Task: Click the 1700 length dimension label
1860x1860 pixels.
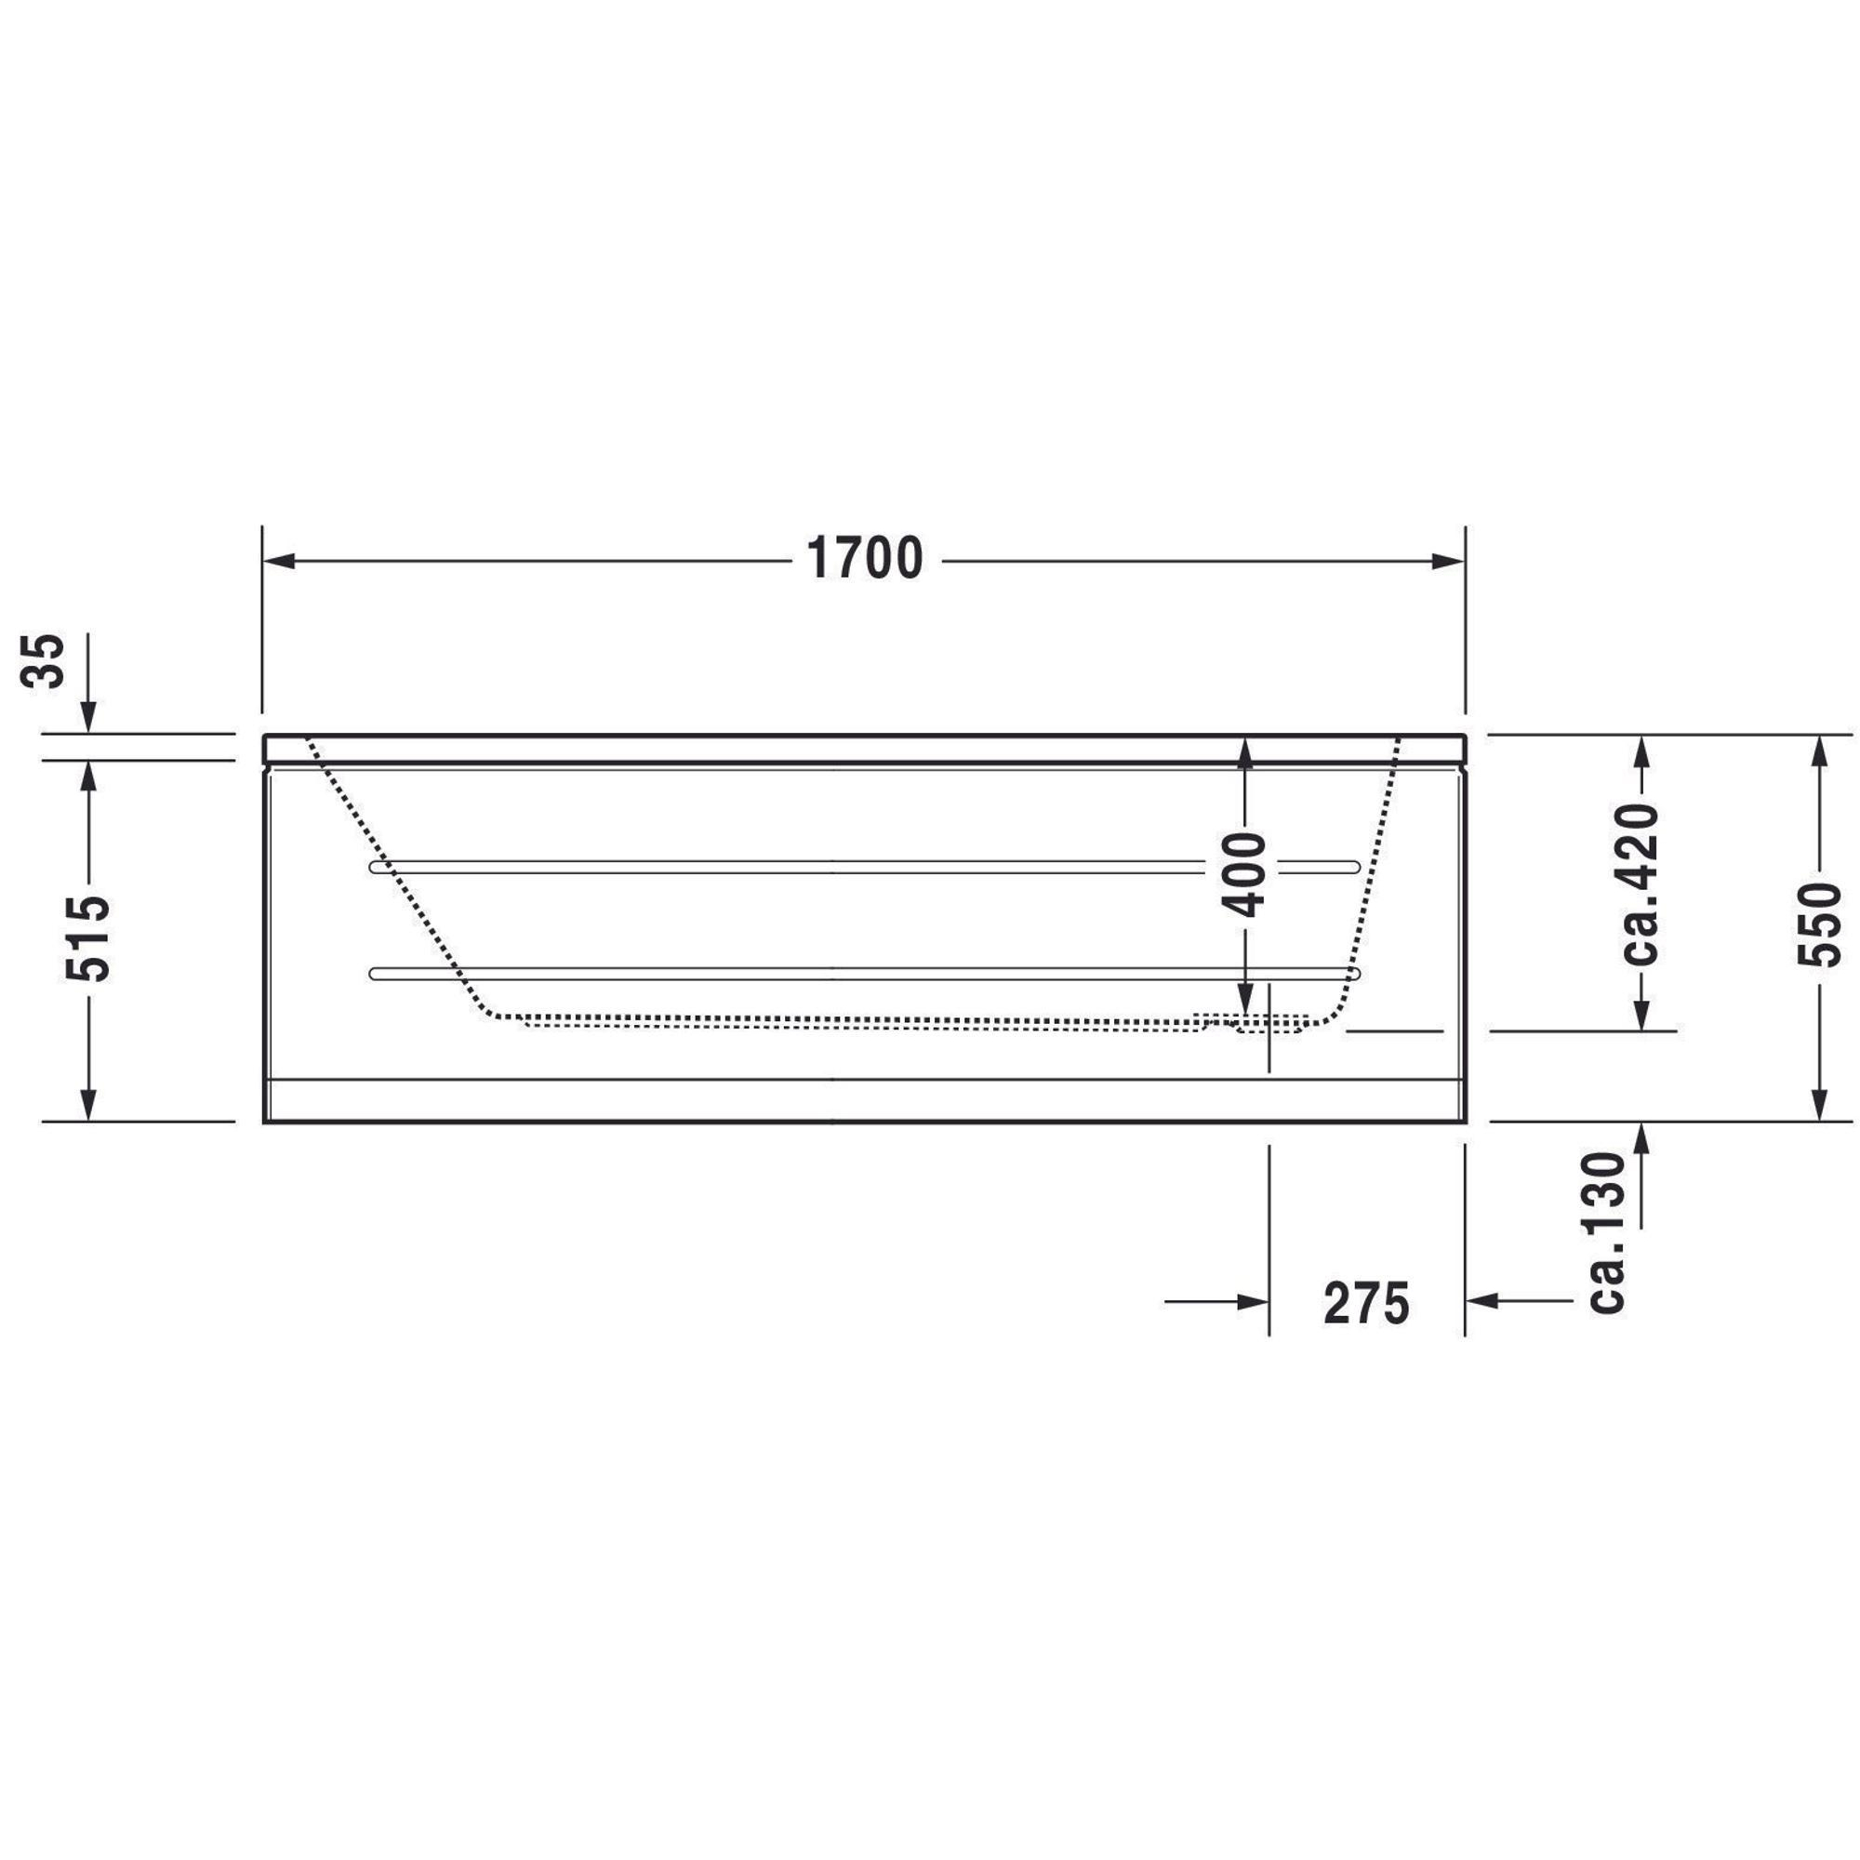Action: [x=865, y=559]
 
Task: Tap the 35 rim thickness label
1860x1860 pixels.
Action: [x=44, y=660]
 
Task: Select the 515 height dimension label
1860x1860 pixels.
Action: [x=88, y=938]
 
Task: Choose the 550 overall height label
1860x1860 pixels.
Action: [x=1818, y=925]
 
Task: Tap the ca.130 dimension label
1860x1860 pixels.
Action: [x=1605, y=1232]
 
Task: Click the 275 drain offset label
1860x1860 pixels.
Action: [x=1366, y=1305]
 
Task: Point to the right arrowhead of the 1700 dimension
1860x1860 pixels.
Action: [x=1448, y=562]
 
